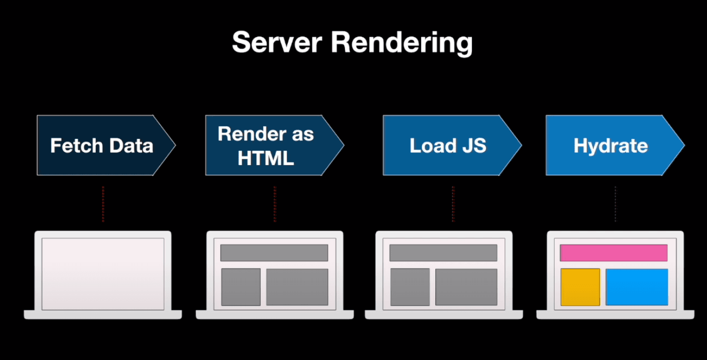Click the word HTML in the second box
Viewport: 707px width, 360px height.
click(x=266, y=158)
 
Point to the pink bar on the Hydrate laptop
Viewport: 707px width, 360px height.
click(x=613, y=253)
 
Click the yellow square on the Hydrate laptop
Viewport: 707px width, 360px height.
click(x=580, y=287)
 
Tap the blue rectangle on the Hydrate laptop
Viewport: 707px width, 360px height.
click(x=637, y=287)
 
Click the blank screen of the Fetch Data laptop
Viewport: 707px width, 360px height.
click(x=103, y=274)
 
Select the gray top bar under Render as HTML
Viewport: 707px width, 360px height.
click(x=274, y=253)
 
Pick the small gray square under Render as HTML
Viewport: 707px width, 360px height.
click(x=241, y=287)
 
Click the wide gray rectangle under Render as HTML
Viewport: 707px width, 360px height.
click(x=297, y=287)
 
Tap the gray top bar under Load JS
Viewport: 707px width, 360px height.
click(x=443, y=253)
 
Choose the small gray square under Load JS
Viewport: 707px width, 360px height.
click(x=410, y=287)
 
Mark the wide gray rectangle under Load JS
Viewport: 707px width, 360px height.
click(x=466, y=287)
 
